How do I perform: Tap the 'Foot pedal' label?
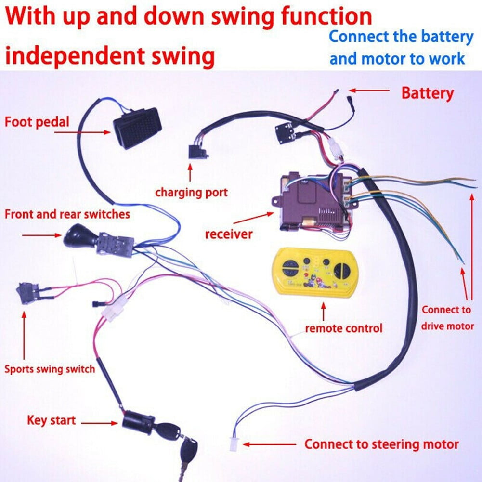[37, 121]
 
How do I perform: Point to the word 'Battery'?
[427, 93]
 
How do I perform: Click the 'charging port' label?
[191, 193]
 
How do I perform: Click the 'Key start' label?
[51, 420]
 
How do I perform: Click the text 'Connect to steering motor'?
[381, 444]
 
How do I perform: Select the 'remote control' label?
[343, 328]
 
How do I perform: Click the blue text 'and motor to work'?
[397, 59]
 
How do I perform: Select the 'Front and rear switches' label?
[67, 214]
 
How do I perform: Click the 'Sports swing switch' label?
[49, 370]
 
